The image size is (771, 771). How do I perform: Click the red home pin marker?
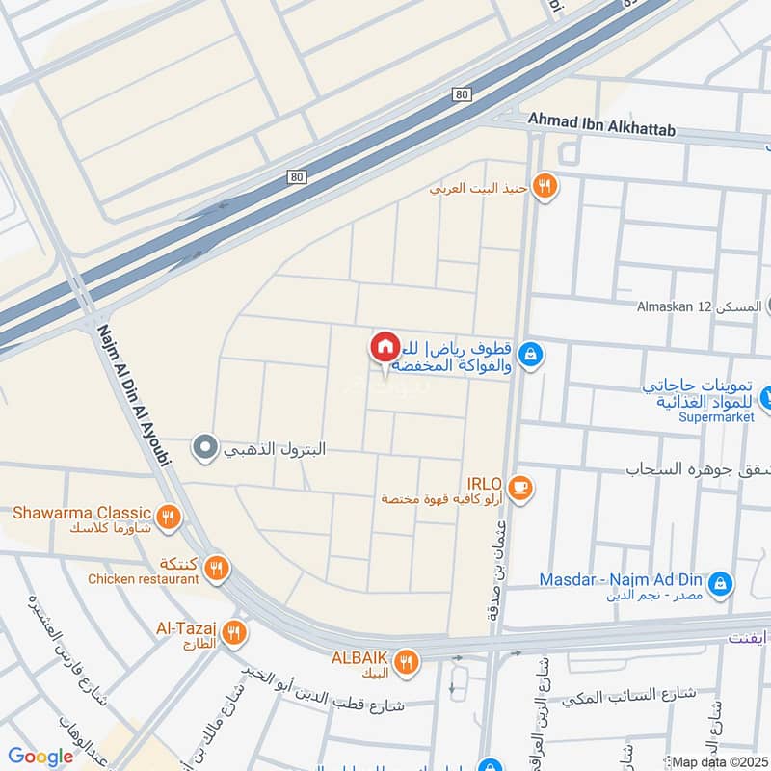[385, 347]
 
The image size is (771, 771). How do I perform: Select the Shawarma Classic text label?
[82, 512]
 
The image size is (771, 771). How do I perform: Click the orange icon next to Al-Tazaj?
[232, 633]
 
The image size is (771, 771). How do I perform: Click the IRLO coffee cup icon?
[520, 489]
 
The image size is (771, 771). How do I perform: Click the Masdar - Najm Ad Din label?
[618, 581]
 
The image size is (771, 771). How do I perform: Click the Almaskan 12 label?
[675, 306]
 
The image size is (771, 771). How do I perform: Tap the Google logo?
[41, 757]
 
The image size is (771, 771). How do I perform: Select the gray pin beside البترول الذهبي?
[204, 447]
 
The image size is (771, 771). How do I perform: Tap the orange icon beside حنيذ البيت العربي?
[545, 187]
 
